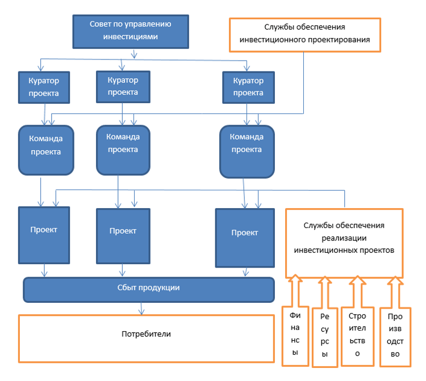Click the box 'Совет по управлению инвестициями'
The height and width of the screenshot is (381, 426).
click(131, 32)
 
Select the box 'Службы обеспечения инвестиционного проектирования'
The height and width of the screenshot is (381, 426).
click(305, 35)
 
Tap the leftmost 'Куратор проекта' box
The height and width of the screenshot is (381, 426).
click(44, 87)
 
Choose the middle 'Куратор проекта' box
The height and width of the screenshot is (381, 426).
click(123, 87)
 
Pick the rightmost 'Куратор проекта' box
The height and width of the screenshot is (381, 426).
click(248, 87)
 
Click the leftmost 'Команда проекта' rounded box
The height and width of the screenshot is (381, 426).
click(46, 150)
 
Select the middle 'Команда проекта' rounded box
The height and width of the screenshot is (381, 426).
click(123, 150)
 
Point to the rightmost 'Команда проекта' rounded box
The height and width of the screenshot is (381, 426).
click(247, 151)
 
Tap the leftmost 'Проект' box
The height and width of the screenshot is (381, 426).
click(44, 235)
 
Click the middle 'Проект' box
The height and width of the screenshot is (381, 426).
click(123, 236)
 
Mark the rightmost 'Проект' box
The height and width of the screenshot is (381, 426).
click(245, 238)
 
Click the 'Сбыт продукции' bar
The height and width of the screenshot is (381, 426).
click(149, 290)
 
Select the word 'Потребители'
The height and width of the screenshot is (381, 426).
click(146, 334)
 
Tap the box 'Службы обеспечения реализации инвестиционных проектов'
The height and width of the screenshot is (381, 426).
click(344, 243)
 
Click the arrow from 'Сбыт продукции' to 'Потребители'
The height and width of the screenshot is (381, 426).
click(141, 308)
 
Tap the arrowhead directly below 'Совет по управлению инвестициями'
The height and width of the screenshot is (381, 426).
click(134, 56)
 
